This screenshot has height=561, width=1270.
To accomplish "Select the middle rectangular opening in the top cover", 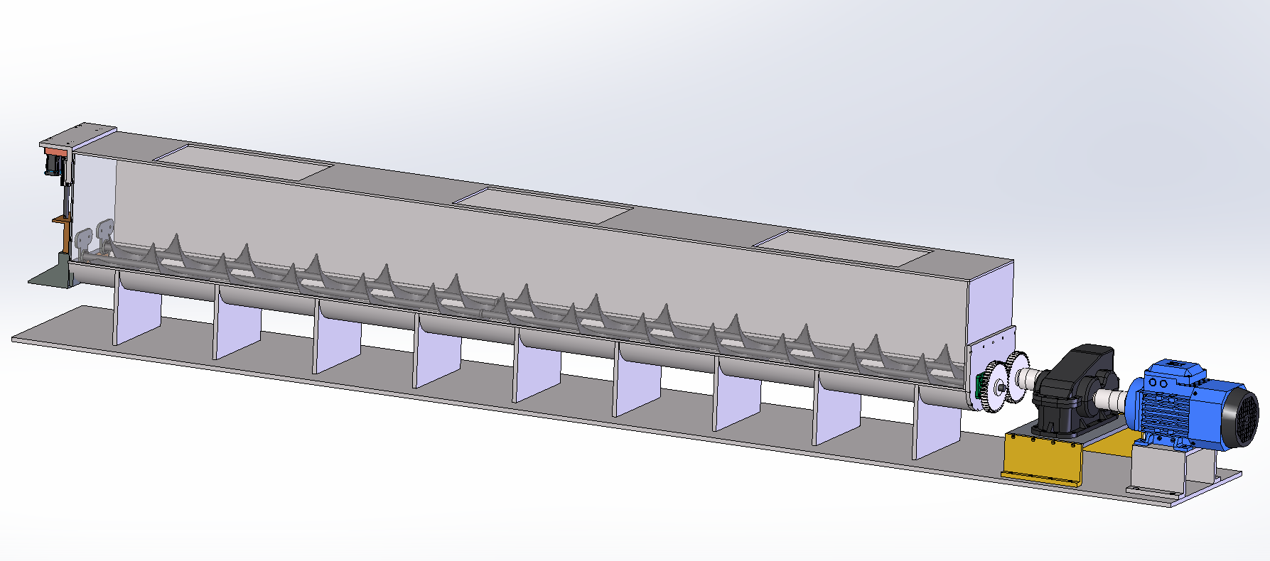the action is pyautogui.click(x=544, y=205).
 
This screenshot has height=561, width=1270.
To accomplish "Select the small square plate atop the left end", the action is pyautogui.click(x=78, y=137).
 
